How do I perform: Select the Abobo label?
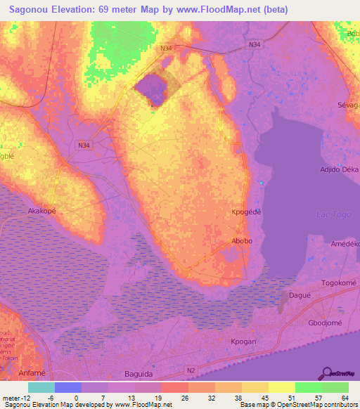tap(242, 240)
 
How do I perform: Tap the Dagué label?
tap(298, 297)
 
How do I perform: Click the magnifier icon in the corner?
tap(326, 373)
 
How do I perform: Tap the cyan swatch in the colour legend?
tap(41, 387)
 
